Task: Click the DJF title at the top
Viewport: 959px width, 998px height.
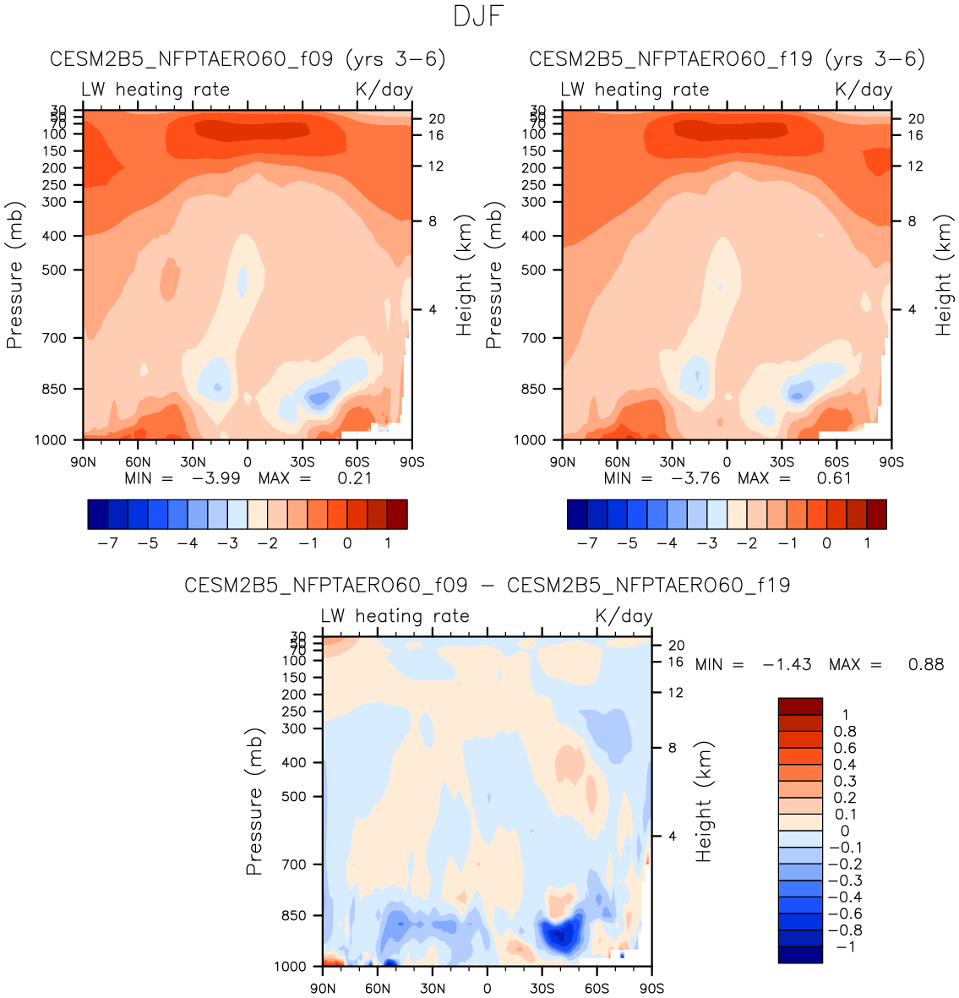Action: click(x=478, y=16)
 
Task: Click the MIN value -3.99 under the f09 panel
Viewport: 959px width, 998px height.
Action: click(x=216, y=478)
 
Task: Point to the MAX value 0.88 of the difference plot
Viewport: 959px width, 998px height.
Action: click(x=926, y=665)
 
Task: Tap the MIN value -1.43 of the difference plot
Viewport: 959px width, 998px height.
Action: click(x=787, y=665)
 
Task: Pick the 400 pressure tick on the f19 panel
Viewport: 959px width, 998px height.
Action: click(x=533, y=237)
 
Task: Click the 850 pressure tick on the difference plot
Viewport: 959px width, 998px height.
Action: click(x=293, y=916)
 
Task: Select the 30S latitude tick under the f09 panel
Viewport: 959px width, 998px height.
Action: click(x=302, y=462)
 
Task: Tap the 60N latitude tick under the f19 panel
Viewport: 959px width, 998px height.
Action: click(x=618, y=462)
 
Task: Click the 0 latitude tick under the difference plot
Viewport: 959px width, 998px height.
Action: click(x=488, y=989)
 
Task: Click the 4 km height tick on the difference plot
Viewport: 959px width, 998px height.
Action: click(x=673, y=837)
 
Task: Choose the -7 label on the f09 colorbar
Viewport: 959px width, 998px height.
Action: click(x=107, y=543)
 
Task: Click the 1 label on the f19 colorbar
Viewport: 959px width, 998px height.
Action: click(x=867, y=543)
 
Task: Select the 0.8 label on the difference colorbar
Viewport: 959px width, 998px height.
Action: click(x=844, y=732)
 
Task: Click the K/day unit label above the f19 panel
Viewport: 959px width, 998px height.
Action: click(x=864, y=90)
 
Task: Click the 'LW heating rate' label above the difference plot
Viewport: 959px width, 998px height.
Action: click(x=395, y=616)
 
